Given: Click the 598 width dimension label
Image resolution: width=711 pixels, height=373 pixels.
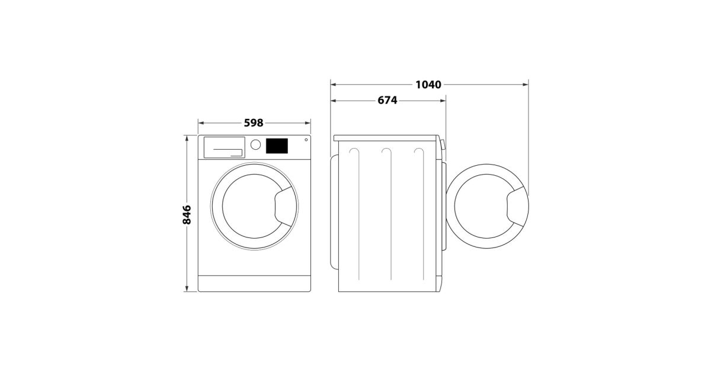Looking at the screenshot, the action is (254, 123).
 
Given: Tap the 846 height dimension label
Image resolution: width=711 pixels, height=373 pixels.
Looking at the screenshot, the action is (187, 215).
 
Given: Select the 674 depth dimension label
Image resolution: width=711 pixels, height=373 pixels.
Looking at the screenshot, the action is (387, 100).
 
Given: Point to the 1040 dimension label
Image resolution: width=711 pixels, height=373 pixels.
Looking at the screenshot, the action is (428, 85).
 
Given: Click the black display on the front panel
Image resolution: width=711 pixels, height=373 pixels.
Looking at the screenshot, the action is (277, 146).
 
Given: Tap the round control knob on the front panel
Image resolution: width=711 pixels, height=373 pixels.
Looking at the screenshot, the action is (255, 144).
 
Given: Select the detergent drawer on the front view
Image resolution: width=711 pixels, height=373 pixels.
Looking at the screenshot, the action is (224, 147).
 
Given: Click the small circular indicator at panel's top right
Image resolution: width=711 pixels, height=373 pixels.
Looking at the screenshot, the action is (306, 140).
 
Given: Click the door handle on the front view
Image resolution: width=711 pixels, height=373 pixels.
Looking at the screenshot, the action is (284, 206).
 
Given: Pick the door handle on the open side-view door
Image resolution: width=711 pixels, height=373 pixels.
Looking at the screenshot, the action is (517, 206).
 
